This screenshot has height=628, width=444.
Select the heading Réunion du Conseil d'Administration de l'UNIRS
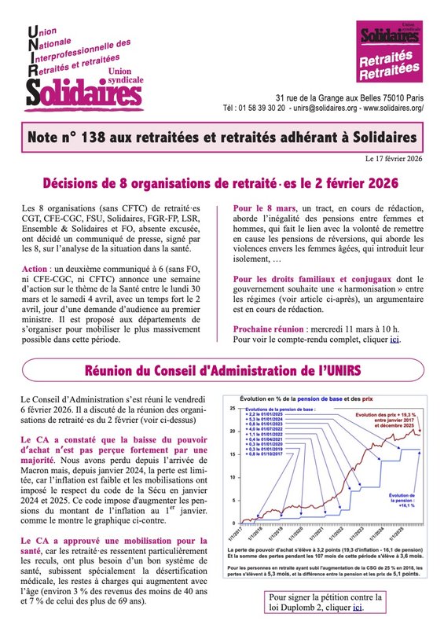(x=222, y=369)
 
